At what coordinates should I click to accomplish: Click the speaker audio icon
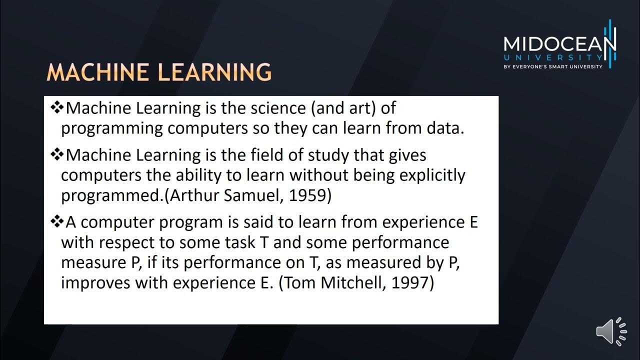pyautogui.click(x=611, y=331)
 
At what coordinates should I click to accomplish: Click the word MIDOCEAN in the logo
pyautogui.click(x=559, y=44)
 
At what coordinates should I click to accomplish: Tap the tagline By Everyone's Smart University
pyautogui.click(x=559, y=66)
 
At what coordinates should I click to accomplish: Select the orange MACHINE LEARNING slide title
pyautogui.click(x=159, y=73)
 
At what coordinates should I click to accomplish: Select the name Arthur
pyautogui.click(x=194, y=195)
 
